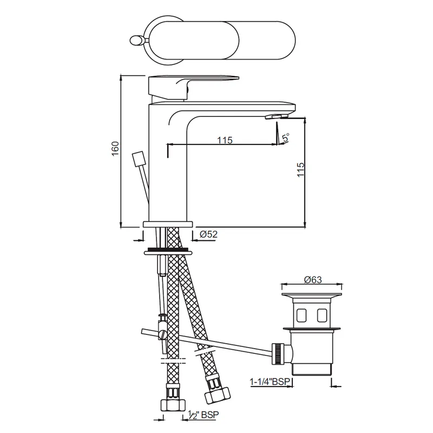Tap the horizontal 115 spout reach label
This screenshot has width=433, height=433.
[x=225, y=140]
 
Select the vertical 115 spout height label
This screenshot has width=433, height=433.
[x=300, y=169]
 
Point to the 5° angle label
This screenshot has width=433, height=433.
[x=286, y=137]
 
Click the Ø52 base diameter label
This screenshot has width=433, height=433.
[x=208, y=234]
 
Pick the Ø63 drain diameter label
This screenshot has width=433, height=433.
[x=313, y=280]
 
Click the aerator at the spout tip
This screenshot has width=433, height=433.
[x=277, y=116]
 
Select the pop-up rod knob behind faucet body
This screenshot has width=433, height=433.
[x=138, y=159]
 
